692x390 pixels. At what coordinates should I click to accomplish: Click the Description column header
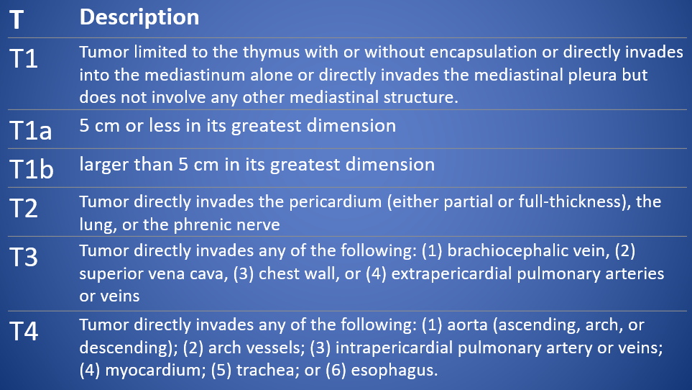coord(139,18)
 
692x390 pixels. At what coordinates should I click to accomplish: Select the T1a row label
coord(30,130)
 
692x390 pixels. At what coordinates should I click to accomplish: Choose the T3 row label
coord(24,257)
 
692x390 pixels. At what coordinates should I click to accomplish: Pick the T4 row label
coord(24,331)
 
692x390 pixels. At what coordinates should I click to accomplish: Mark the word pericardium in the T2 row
coord(335,202)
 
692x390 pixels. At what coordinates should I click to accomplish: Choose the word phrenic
coord(200,225)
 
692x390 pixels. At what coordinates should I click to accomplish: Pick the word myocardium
coord(155,370)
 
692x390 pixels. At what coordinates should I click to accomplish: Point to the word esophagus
coord(394,370)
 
